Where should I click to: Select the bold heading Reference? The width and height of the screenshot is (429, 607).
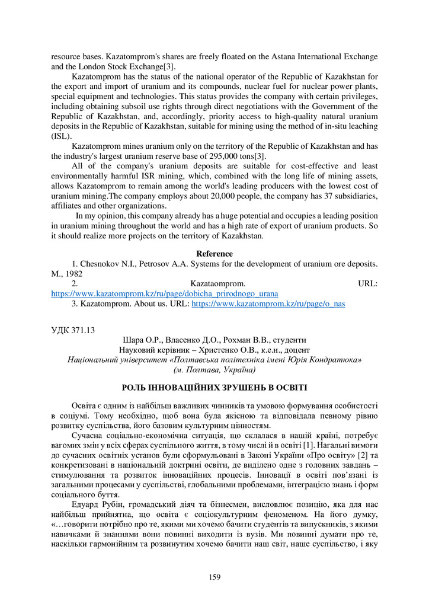pyautogui.click(x=214, y=254)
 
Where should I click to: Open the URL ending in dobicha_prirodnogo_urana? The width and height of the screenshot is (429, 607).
pyautogui.click(x=165, y=293)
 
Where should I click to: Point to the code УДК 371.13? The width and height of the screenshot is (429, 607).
pyautogui.click(x=73, y=330)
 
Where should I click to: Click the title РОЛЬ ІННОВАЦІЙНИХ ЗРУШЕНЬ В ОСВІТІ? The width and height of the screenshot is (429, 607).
pyautogui.click(x=214, y=388)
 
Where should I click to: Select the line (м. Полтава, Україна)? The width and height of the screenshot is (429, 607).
pyautogui.click(x=214, y=369)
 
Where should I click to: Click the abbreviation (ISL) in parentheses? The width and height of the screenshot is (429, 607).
pyautogui.click(x=61, y=136)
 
